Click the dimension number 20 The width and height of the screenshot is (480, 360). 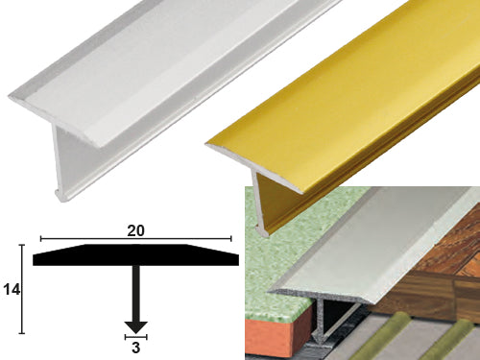pos(135,230)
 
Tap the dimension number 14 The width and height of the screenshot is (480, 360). pos(12,290)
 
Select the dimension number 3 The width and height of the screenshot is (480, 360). pos(136,348)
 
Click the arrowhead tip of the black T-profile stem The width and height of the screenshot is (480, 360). pos(136,333)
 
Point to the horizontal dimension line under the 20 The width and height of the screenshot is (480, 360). pos(136,239)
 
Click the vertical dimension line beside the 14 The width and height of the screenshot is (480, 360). pos(22,289)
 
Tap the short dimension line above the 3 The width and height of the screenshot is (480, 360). pos(136,337)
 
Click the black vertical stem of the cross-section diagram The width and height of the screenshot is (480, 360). pos(136,294)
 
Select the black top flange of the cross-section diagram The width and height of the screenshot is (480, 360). pos(135,255)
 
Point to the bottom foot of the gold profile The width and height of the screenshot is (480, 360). pos(262,230)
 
